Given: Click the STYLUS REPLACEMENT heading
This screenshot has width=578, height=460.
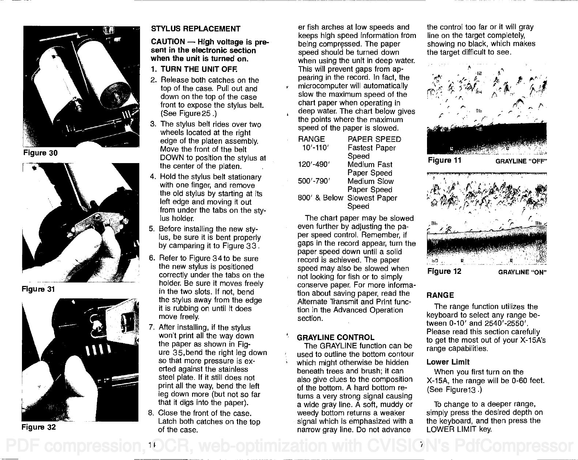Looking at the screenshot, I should tap(196, 29).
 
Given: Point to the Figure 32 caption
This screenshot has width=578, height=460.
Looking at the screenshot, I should tap(38, 427).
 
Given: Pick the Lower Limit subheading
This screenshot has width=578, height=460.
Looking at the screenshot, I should tap(448, 362).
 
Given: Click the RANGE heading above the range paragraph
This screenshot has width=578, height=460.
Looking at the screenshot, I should tap(440, 295).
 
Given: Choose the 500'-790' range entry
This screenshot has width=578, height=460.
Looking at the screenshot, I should tap(315, 181).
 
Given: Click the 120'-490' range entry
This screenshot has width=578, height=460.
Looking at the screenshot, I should tap(315, 165).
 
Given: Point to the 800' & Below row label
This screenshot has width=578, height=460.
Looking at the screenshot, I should tap(321, 198).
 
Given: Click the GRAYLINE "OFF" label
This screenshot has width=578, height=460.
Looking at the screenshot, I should tap(521, 161).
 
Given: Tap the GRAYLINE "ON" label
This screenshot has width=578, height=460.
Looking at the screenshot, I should tap(522, 272).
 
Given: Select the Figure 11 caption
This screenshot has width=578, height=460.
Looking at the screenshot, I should tap(444, 161).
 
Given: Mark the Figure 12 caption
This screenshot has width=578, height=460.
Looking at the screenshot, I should tap(444, 271).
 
